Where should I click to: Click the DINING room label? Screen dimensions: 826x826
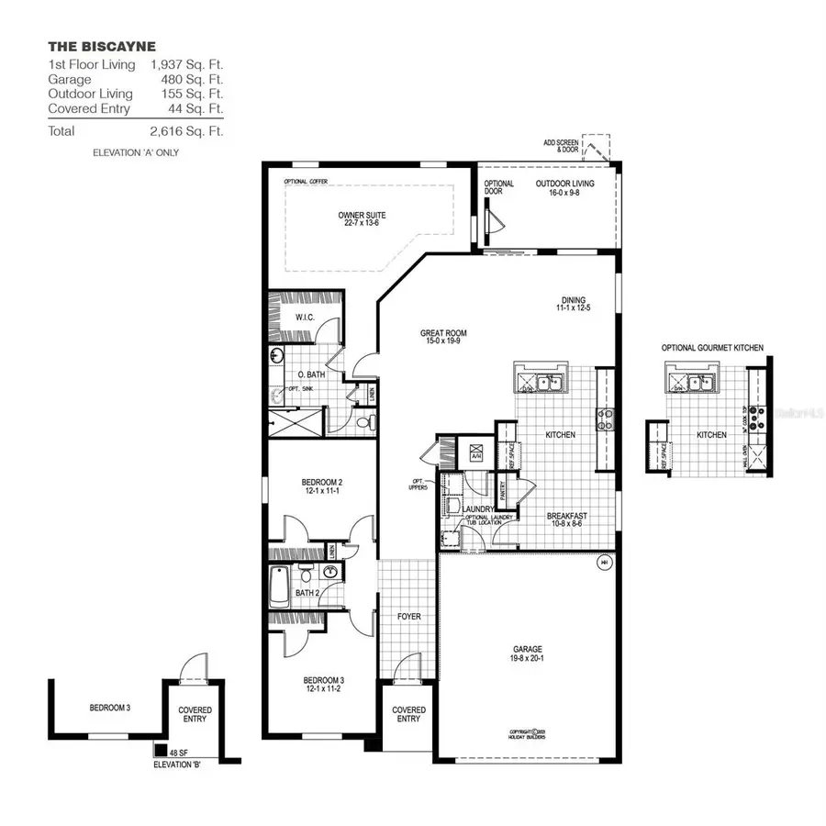(574, 304)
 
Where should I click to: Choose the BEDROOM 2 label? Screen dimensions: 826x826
(321, 486)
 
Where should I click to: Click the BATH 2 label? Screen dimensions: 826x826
(307, 593)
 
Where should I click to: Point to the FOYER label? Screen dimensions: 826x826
(408, 616)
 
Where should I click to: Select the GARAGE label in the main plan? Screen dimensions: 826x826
(527, 652)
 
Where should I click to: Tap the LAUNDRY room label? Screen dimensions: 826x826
(479, 508)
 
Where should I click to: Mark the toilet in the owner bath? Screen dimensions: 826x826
(365, 423)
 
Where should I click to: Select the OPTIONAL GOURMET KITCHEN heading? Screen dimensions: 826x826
(712, 348)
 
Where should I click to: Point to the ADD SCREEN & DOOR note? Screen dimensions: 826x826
(562, 146)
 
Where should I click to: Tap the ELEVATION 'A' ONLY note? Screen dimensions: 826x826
(136, 152)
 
